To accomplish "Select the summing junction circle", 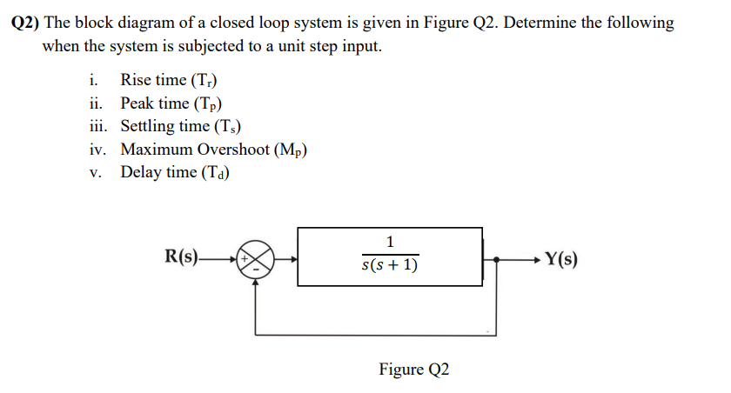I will pyautogui.click(x=256, y=258).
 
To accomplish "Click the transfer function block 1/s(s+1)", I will pyautogui.click(x=389, y=256).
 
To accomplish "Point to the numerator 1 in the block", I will pyautogui.click(x=390, y=241).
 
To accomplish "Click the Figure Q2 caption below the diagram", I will pyautogui.click(x=414, y=370).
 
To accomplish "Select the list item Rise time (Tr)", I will pyautogui.click(x=169, y=81).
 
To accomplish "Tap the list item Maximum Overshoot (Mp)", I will pyautogui.click(x=214, y=149).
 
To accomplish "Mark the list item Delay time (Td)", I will pyautogui.click(x=173, y=171).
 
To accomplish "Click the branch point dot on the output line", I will pyautogui.click(x=497, y=259).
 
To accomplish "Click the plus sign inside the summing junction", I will pyautogui.click(x=247, y=258).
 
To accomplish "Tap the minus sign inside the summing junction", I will pyautogui.click(x=256, y=268).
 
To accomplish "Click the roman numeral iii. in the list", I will pyautogui.click(x=98, y=126).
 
